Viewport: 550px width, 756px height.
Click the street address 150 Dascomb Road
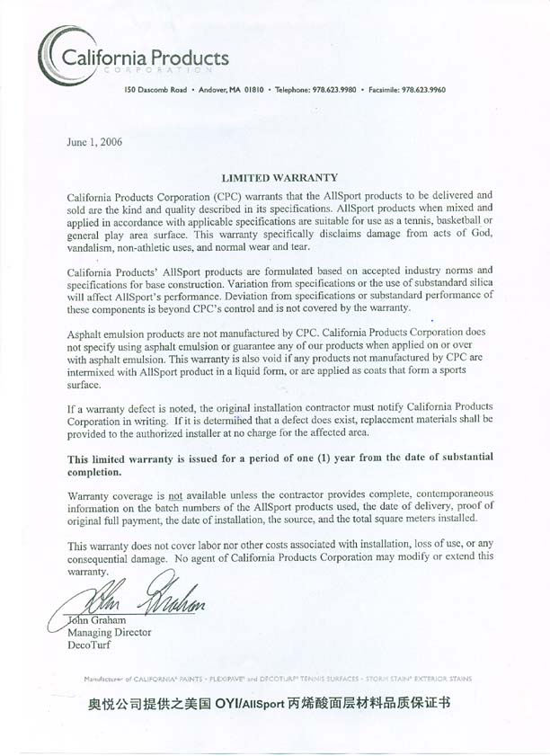pyautogui.click(x=156, y=90)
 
